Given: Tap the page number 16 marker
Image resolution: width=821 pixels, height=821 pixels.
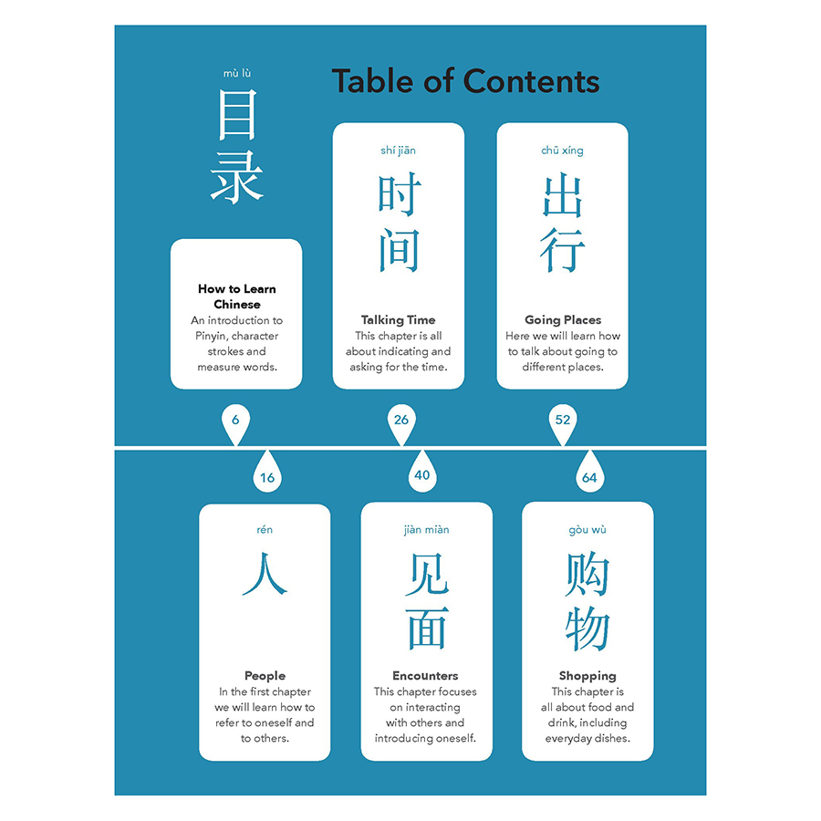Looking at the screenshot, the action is pos(267,473).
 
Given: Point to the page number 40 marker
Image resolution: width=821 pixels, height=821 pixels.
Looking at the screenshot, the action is pos(422,473).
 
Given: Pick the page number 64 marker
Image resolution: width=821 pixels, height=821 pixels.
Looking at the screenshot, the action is pos(589,473).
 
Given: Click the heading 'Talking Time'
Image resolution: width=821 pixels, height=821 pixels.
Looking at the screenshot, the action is pos(398,320).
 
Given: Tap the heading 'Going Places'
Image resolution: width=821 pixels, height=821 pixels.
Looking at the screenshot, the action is pos(563,320).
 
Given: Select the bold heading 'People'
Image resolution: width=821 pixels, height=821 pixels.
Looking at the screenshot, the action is pos(265,675).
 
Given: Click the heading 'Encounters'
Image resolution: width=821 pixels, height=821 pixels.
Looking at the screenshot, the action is pos(425,675).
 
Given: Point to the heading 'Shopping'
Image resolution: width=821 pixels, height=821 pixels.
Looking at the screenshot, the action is pos(587,676).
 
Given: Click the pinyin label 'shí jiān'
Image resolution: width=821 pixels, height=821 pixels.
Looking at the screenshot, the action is pos(398,151).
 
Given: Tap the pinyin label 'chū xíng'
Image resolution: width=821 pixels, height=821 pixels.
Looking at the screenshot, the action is pos(562,151).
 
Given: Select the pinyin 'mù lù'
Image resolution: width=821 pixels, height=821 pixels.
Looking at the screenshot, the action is pos(237,73).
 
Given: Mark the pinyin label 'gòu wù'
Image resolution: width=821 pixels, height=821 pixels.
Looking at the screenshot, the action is pos(587,530).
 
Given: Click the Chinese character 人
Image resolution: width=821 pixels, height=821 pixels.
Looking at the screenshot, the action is pos(265,574).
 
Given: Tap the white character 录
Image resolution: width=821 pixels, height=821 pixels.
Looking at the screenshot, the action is pos(236,177).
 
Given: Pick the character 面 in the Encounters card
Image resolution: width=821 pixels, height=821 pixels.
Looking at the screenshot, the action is pos(427,629).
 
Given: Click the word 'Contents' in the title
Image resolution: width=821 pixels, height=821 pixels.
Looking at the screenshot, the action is pos(532,82).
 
